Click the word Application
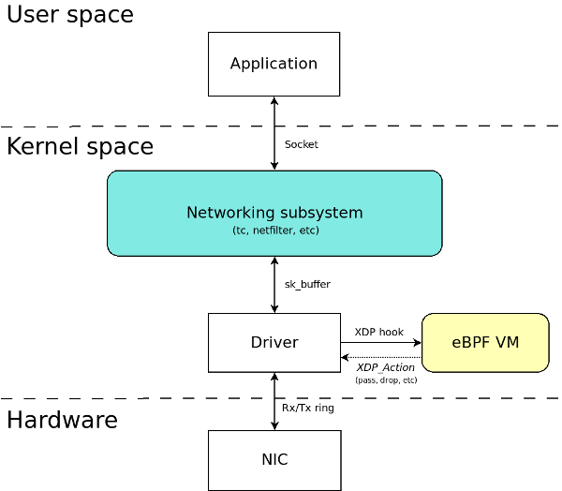[x=274, y=64]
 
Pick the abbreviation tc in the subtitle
[x=241, y=231]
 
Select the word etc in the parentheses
[x=307, y=231]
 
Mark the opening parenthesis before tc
[x=234, y=231]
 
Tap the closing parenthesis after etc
[x=318, y=231]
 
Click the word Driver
[x=274, y=343]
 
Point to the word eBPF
[x=470, y=343]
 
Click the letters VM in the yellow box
[x=507, y=343]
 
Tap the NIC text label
[x=274, y=460]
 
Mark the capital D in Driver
[x=256, y=343]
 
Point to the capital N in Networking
[x=192, y=213]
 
